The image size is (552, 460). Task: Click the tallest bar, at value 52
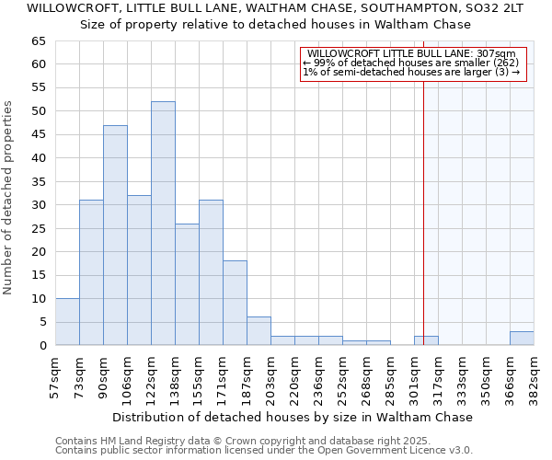(163, 224)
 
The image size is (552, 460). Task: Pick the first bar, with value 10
(67, 322)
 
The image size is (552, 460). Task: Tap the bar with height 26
(187, 284)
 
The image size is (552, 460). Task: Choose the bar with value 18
(235, 303)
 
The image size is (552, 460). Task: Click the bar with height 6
(259, 331)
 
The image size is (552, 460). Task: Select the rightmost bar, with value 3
(522, 339)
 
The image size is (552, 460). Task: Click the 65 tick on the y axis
(38, 41)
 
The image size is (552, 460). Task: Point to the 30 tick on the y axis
(38, 205)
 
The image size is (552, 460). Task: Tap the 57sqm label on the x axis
(56, 376)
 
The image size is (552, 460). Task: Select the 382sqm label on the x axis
(535, 376)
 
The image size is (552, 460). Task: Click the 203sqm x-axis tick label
(271, 376)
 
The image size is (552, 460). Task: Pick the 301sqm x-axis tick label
(415, 376)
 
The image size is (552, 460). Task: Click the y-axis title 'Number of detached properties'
(9, 198)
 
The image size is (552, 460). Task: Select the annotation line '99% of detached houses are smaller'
(411, 63)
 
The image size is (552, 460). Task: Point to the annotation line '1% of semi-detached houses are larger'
(411, 72)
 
